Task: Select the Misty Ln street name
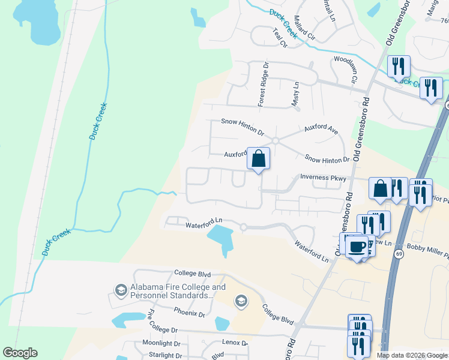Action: pos(295,95)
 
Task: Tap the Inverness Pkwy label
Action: pos(323,178)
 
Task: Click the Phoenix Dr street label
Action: pos(189,313)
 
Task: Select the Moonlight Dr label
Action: pos(161,343)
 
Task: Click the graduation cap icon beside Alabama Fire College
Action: pos(121,291)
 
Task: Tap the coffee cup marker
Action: pos(358,245)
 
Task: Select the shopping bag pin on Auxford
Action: pos(258,160)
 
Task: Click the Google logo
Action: pos(20,353)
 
